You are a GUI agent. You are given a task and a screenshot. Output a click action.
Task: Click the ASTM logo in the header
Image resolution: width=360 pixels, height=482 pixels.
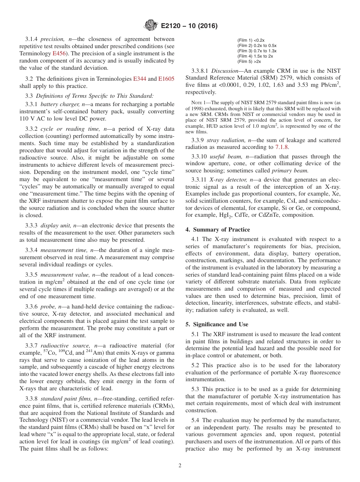[151, 26]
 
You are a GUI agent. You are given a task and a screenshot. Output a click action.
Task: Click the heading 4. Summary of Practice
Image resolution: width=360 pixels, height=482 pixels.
[217, 229]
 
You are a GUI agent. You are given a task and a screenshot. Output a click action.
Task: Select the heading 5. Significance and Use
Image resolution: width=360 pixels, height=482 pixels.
[217, 324]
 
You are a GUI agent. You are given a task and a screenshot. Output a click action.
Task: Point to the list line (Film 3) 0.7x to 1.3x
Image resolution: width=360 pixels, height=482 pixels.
[257, 51]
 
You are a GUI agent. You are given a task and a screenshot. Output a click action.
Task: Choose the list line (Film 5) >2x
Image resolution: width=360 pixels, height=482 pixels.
[249, 61]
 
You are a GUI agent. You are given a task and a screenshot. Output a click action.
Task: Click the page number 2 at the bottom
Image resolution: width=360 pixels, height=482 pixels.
[180, 466]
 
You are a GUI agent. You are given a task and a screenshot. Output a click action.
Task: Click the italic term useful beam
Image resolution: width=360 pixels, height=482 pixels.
[226, 156]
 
